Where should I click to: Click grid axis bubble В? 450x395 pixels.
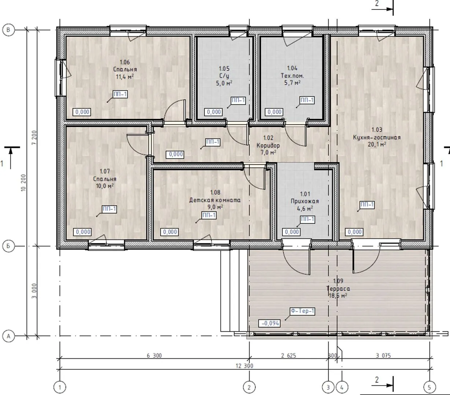click(8, 30)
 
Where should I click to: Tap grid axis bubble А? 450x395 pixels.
click(8, 336)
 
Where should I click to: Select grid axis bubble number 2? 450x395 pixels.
click(249, 387)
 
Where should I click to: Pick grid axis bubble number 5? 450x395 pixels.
click(429, 387)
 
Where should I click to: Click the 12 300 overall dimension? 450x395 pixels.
click(244, 366)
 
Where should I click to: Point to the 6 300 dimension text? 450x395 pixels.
click(154, 355)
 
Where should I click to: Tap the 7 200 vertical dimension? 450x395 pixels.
click(34, 138)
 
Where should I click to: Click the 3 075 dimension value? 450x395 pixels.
click(383, 355)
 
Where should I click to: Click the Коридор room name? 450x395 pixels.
click(268, 146)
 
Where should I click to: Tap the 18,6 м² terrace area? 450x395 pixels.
click(338, 296)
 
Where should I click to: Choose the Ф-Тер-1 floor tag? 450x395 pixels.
click(303, 311)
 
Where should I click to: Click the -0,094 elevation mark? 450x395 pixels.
click(270, 323)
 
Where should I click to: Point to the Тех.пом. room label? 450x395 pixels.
click(292, 76)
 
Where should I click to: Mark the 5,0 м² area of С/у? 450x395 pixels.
click(224, 83)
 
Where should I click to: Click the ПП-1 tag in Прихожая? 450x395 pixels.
click(307, 219)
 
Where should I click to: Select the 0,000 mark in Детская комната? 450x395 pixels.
click(170, 232)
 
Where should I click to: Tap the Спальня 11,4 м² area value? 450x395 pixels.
click(125, 77)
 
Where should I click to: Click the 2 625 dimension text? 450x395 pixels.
click(288, 355)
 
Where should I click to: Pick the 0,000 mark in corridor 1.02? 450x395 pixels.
click(176, 154)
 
